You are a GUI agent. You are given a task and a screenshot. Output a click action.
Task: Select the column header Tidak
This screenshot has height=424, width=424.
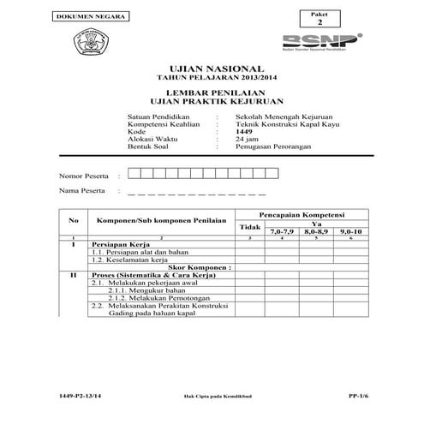[249, 226]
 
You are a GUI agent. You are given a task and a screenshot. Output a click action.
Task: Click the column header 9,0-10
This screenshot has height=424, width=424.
[350, 231]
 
